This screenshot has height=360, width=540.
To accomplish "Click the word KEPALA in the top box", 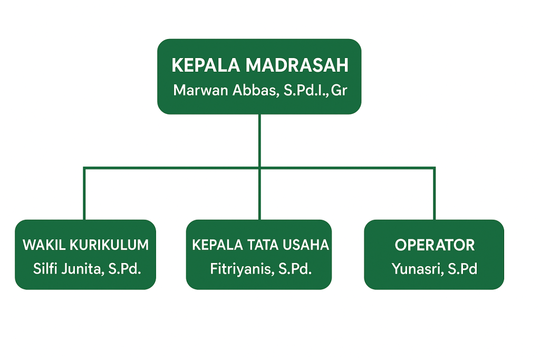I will pos(206,66).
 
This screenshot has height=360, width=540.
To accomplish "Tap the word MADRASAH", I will pos(297,66).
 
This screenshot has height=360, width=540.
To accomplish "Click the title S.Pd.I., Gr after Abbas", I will pos(315,90).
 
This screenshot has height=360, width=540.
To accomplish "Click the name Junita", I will pos(81,269).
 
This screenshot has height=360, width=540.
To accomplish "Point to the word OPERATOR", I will pos(435,245).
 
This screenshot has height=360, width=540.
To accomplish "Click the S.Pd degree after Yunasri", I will pos(462,269).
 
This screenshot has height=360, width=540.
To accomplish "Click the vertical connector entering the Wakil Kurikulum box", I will pos(84,195).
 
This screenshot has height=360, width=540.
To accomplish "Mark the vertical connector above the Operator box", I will pos(434,195).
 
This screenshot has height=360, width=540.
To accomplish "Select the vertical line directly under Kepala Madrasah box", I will pos(259,140).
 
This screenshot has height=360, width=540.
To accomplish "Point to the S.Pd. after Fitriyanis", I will pos(295,269).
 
